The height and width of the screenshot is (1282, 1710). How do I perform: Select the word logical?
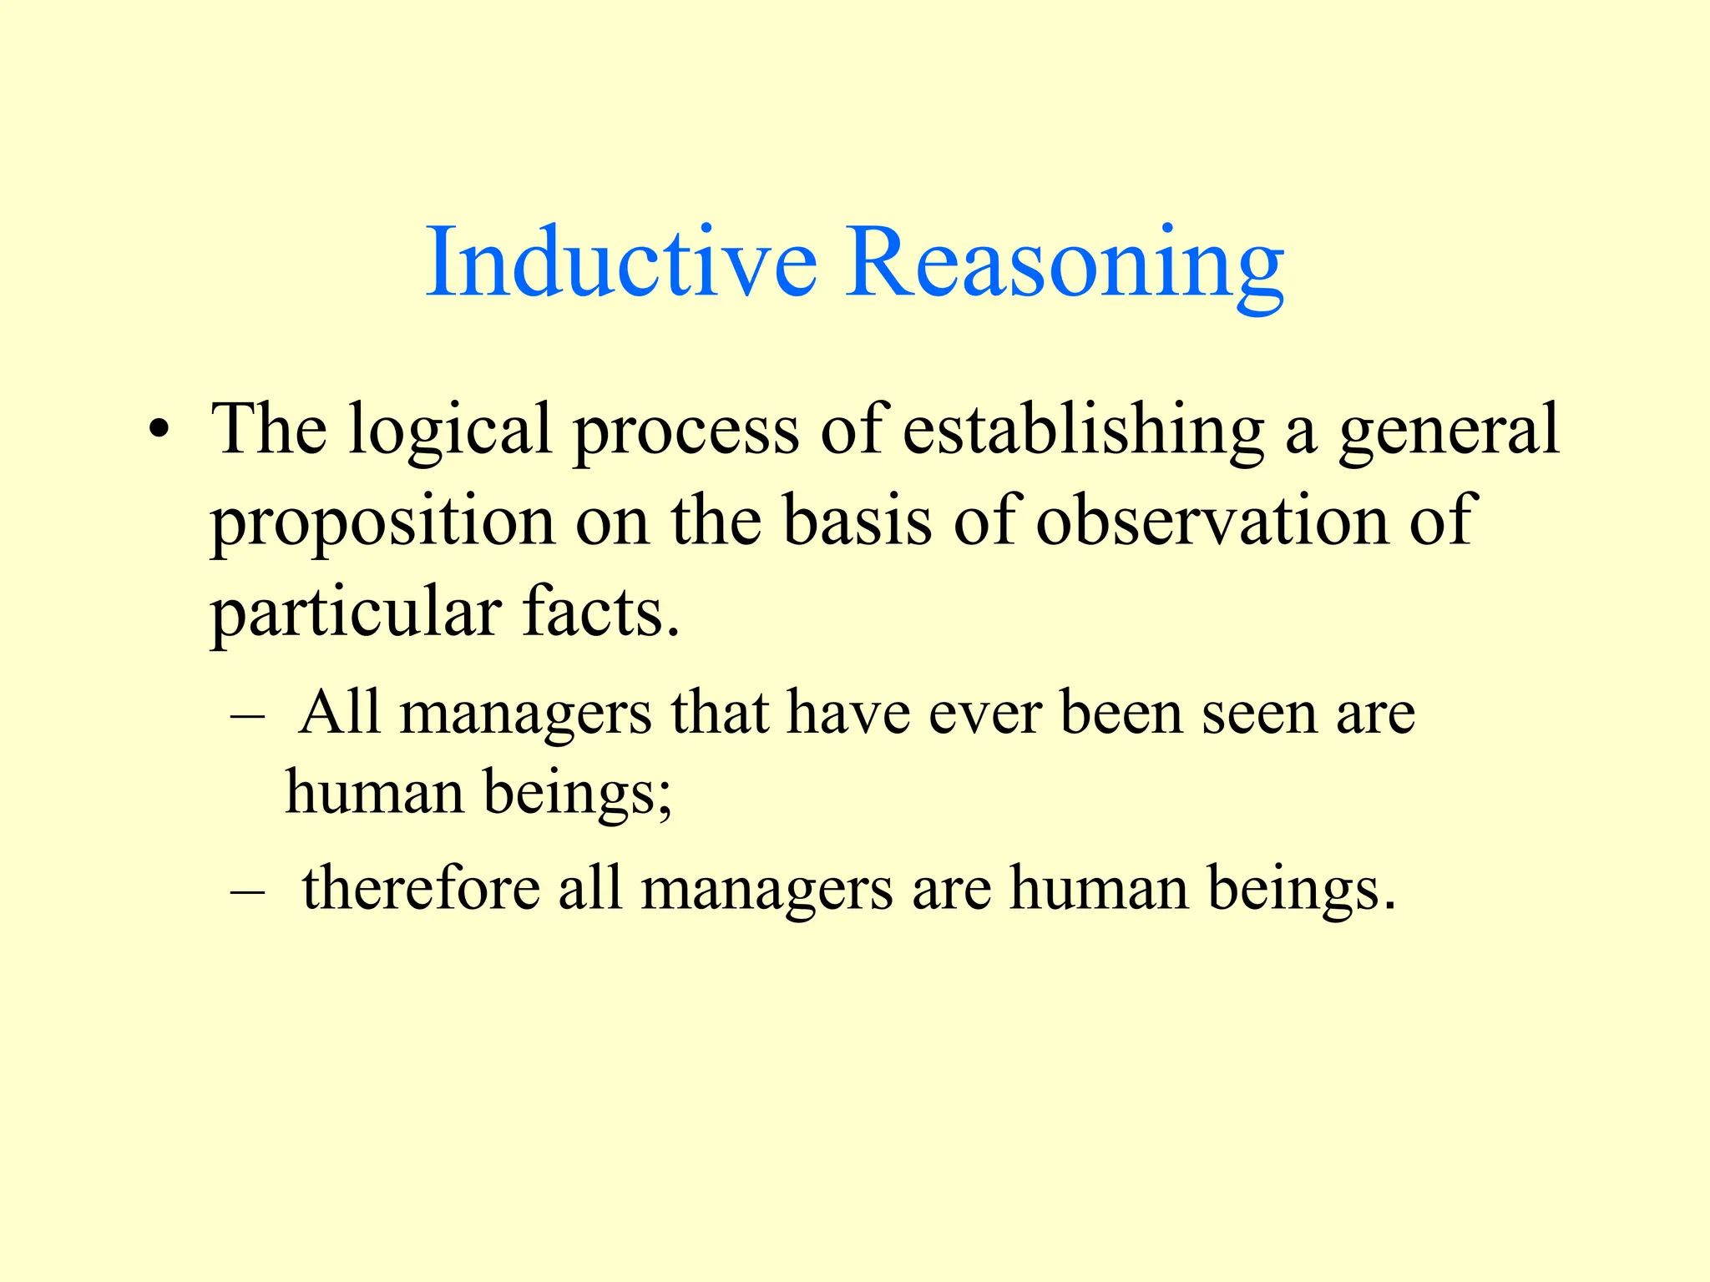coord(450,431)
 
